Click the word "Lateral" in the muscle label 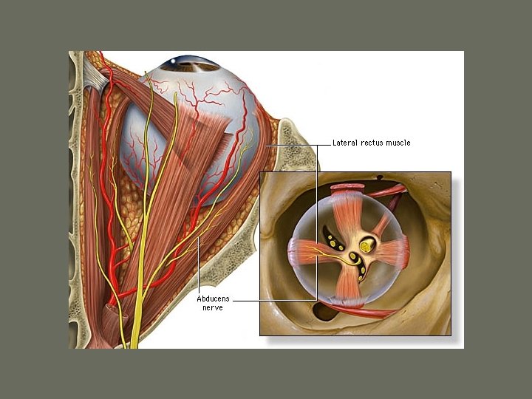pyautogui.click(x=345, y=143)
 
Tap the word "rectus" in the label pyautogui.click(x=374, y=143)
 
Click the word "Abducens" pyautogui.click(x=214, y=299)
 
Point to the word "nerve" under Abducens pyautogui.click(x=214, y=307)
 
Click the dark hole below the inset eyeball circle pyautogui.click(x=323, y=310)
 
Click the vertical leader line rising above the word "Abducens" pyautogui.click(x=199, y=266)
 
